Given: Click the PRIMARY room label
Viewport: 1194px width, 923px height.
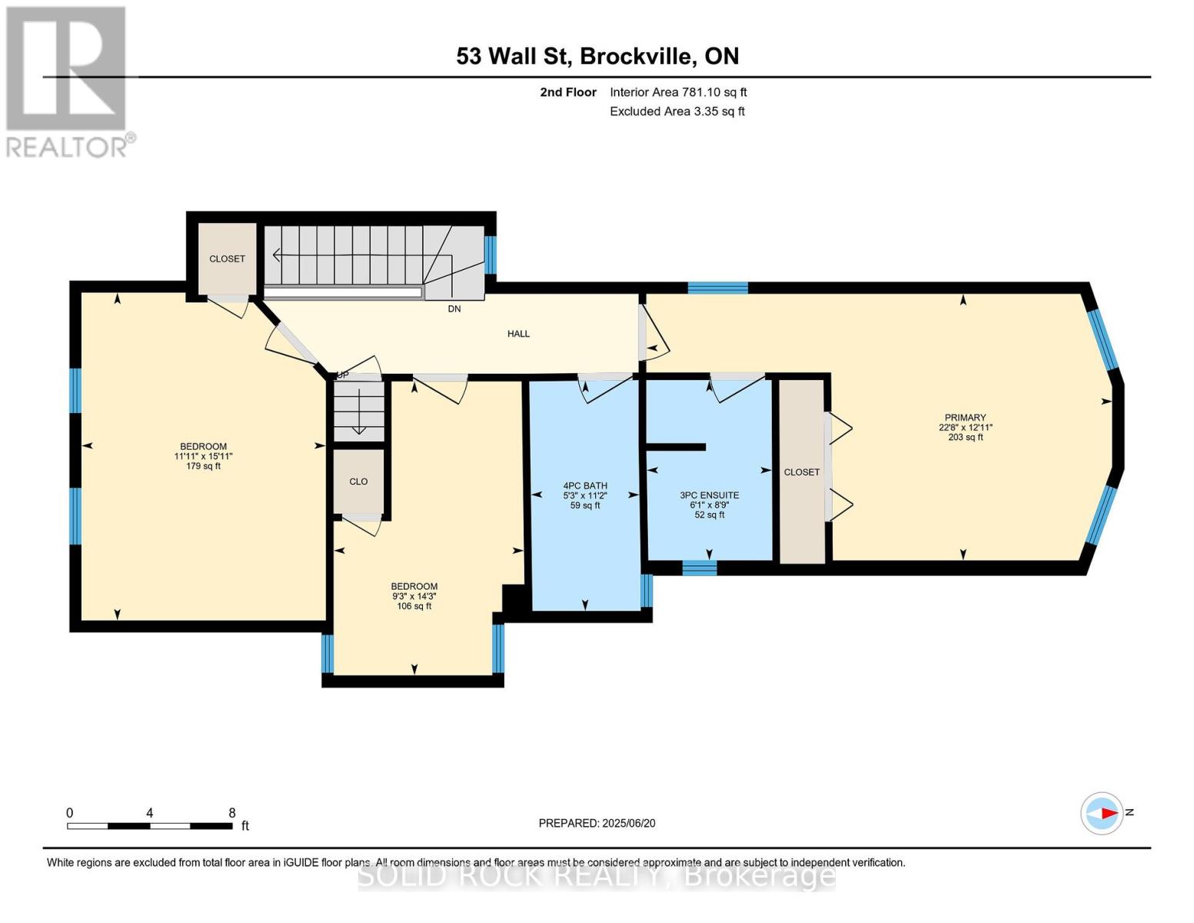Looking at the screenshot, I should [965, 418].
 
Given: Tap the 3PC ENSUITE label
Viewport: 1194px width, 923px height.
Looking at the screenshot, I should [709, 495].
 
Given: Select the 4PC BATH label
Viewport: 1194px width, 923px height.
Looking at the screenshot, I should [585, 485].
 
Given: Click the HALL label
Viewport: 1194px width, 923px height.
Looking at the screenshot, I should [518, 334].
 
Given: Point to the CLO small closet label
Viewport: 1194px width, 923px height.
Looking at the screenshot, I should [358, 481].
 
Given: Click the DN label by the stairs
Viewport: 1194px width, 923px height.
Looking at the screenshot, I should [454, 309].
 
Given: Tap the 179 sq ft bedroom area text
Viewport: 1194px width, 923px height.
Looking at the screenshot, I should [203, 466].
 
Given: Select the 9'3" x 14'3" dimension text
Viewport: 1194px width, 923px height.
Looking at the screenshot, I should [414, 596].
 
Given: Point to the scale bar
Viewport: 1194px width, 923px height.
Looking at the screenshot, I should [149, 826].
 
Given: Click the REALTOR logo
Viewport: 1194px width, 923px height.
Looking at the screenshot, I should [67, 81].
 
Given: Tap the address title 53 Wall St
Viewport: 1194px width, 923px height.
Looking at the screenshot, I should [597, 56].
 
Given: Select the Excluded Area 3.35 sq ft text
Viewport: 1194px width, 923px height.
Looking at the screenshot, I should [677, 112].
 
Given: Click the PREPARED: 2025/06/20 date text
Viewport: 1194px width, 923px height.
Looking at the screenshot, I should [597, 823].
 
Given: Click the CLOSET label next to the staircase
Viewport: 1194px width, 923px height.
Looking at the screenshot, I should [227, 259].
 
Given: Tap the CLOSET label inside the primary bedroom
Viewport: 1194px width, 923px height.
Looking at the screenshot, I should [801, 472].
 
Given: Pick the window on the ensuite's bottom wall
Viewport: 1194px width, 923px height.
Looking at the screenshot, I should [700, 568].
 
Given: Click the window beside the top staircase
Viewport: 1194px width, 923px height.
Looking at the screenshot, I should [491, 255].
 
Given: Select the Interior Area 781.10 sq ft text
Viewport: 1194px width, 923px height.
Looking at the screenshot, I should [678, 92].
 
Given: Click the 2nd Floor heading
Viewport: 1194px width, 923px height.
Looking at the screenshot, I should [568, 92].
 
